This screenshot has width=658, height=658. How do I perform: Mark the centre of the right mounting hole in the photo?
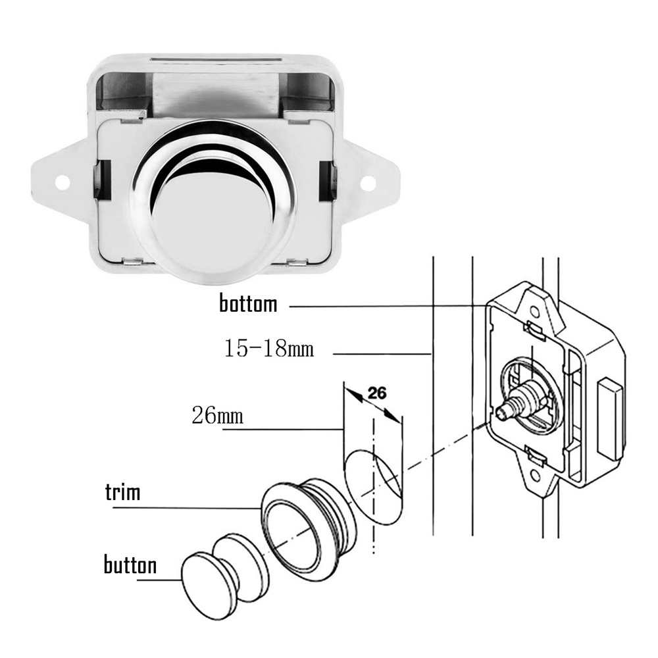point(367,182)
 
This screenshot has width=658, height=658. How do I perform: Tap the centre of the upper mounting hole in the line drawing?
point(534,312)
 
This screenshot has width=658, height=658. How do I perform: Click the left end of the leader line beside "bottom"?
point(290,307)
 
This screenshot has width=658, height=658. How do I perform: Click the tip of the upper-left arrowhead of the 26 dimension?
point(345,388)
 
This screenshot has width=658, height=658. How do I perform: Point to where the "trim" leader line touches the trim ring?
point(262,509)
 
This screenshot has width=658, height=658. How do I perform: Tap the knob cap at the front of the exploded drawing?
point(205,579)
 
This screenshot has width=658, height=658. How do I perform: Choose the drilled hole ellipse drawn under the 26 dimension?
point(372,487)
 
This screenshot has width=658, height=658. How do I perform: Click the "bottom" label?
point(249,303)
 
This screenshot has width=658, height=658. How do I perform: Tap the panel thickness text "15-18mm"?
point(269,348)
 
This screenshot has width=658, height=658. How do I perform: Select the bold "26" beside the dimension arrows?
point(376,393)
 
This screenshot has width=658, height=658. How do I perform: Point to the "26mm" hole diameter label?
point(217,415)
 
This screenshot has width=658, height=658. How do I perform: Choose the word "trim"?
point(122,492)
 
